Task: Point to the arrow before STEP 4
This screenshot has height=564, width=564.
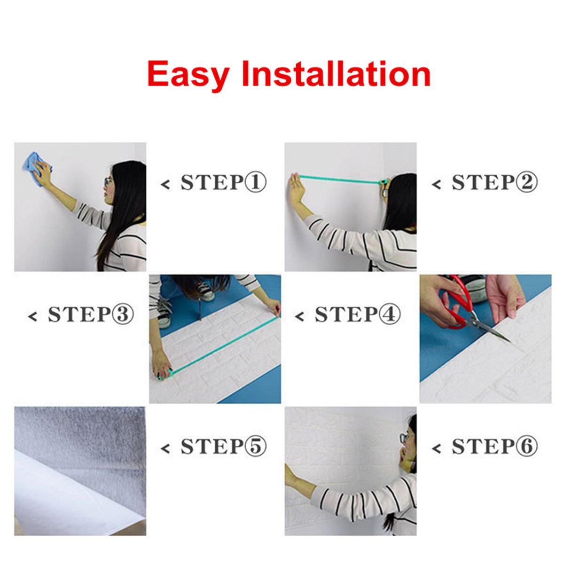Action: [x=299, y=316]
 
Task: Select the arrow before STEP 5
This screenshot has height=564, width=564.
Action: [x=165, y=448]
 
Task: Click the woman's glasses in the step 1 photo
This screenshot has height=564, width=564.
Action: [x=109, y=181]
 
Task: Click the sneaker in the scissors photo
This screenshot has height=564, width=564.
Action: [x=474, y=286]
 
